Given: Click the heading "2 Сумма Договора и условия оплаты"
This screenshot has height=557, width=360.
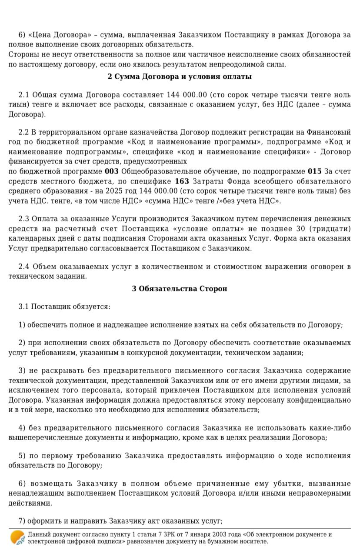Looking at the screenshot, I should coord(180,77).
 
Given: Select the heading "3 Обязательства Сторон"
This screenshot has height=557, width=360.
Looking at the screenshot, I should coord(180,288).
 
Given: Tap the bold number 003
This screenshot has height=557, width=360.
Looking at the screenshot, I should coord(112,171).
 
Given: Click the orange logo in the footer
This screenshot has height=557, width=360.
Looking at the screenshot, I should coord(17,538).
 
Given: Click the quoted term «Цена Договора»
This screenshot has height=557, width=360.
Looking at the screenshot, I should coord(57,35).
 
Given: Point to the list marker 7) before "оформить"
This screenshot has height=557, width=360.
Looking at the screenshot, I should coord(22,521).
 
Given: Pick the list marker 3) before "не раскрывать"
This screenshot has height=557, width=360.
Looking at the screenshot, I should coord(22,370).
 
